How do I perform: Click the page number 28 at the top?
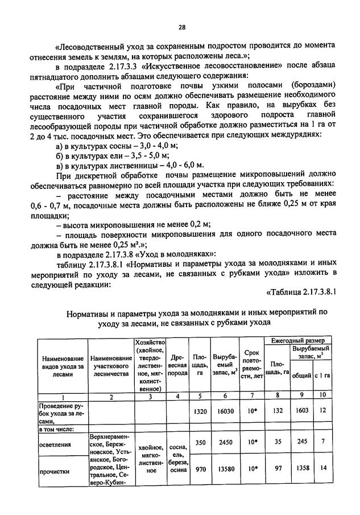click(x=181, y=27)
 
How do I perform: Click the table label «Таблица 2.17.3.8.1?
click(x=302, y=291)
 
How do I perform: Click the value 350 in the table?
click(x=199, y=441)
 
